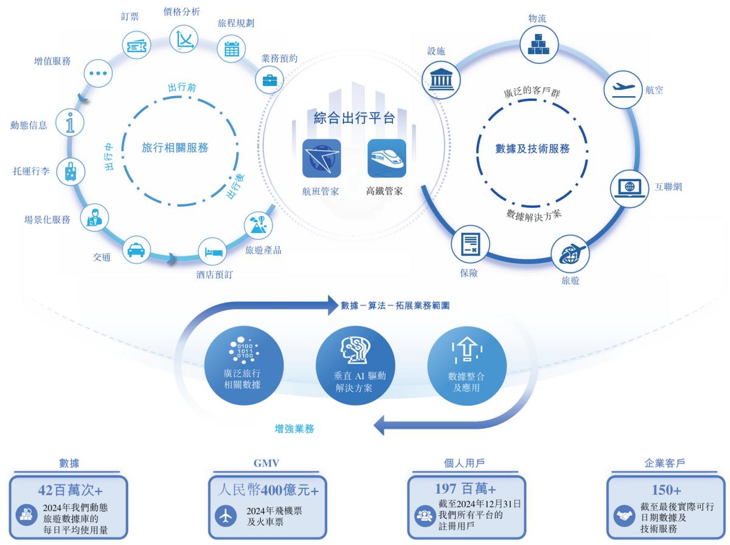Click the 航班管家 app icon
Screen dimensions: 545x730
click(321, 158)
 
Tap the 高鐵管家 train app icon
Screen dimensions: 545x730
click(386, 158)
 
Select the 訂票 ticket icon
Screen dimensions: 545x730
click(136, 44)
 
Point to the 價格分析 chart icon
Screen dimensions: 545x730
click(184, 39)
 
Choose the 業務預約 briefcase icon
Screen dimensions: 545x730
click(268, 78)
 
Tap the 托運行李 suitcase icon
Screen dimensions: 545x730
click(71, 172)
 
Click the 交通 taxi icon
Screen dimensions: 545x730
click(136, 249)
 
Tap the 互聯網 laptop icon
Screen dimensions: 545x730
click(626, 187)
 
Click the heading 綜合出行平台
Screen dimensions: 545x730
click(354, 117)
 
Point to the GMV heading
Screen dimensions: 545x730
click(266, 463)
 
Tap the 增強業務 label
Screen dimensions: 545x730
click(294, 429)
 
